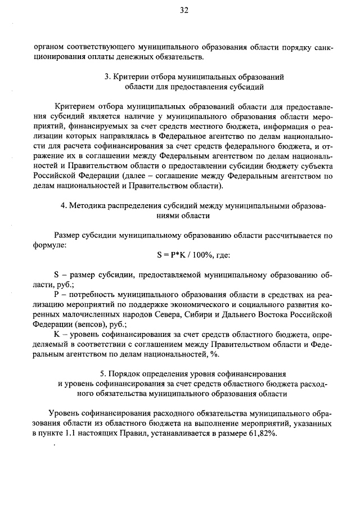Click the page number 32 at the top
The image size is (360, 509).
click(183, 10)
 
